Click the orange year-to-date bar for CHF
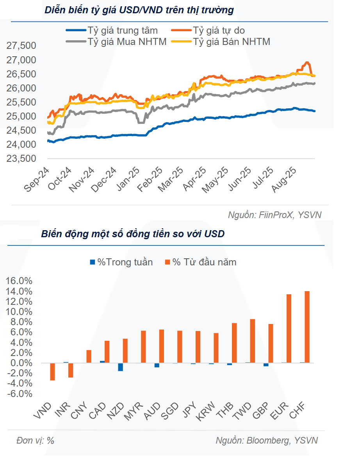click(307, 327)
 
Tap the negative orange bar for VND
click(52, 372)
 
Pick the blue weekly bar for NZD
click(121, 367)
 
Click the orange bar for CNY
click(89, 356)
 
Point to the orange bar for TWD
click(253, 341)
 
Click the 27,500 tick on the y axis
click(21, 46)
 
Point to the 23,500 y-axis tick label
click(21, 159)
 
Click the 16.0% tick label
click(19, 281)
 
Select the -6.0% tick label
click(19, 394)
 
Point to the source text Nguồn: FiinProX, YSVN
click(275, 215)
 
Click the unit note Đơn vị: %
click(36, 440)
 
